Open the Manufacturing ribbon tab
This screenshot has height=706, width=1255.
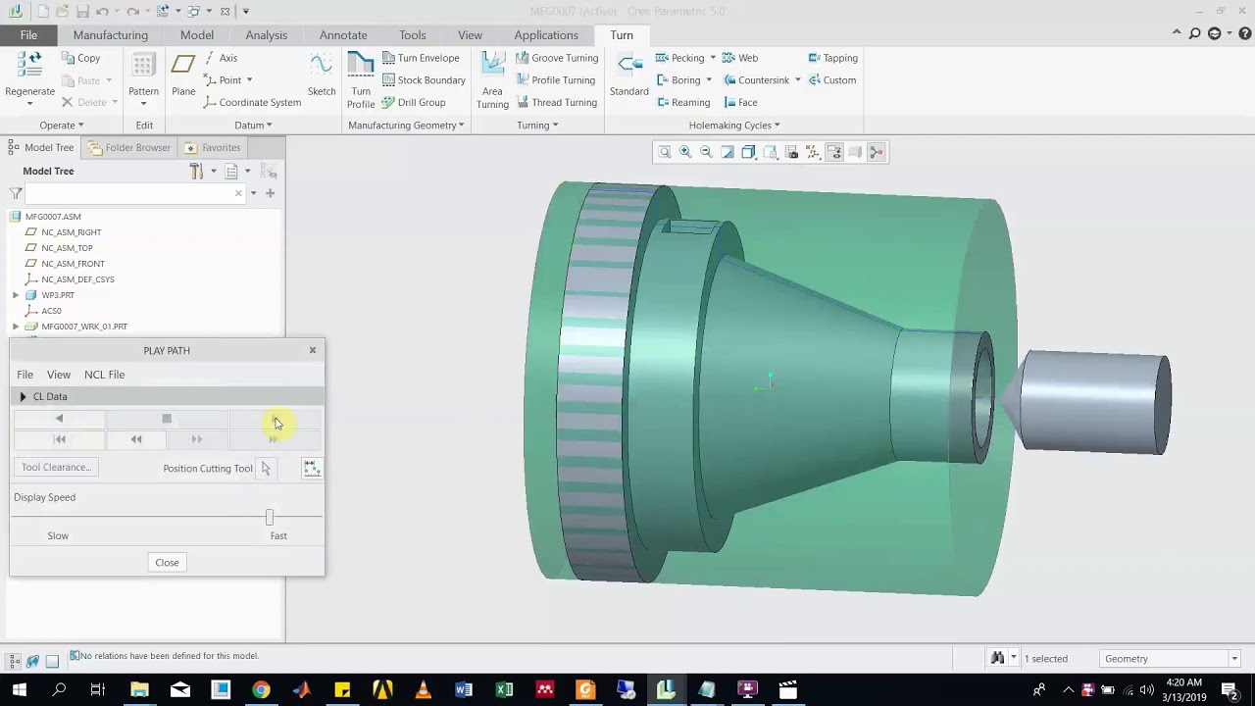coord(110,35)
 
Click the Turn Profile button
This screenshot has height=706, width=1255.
coord(361,79)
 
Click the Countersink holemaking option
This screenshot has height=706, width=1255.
coord(762,80)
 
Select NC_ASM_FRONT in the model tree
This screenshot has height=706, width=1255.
coord(73,264)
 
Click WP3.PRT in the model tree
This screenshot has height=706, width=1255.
coord(58,295)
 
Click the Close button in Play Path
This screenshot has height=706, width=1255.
coord(167,563)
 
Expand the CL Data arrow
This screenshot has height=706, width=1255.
coord(23,397)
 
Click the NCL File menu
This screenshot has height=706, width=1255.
coord(104,375)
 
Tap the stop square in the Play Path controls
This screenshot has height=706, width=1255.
coord(167,420)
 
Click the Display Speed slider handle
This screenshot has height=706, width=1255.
coord(270,517)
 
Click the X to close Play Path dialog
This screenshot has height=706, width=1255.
coord(313,350)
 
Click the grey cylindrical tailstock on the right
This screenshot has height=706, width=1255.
coord(1098,402)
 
